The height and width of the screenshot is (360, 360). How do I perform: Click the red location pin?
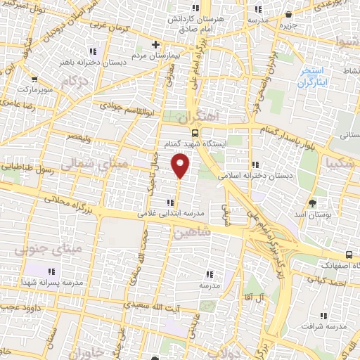(x=181, y=165)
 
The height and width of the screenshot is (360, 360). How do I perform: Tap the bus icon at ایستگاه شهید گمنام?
(x=195, y=133)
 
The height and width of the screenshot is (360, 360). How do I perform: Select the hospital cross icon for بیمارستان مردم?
(x=155, y=44)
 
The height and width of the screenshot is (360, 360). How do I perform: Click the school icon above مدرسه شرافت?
(x=323, y=316)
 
